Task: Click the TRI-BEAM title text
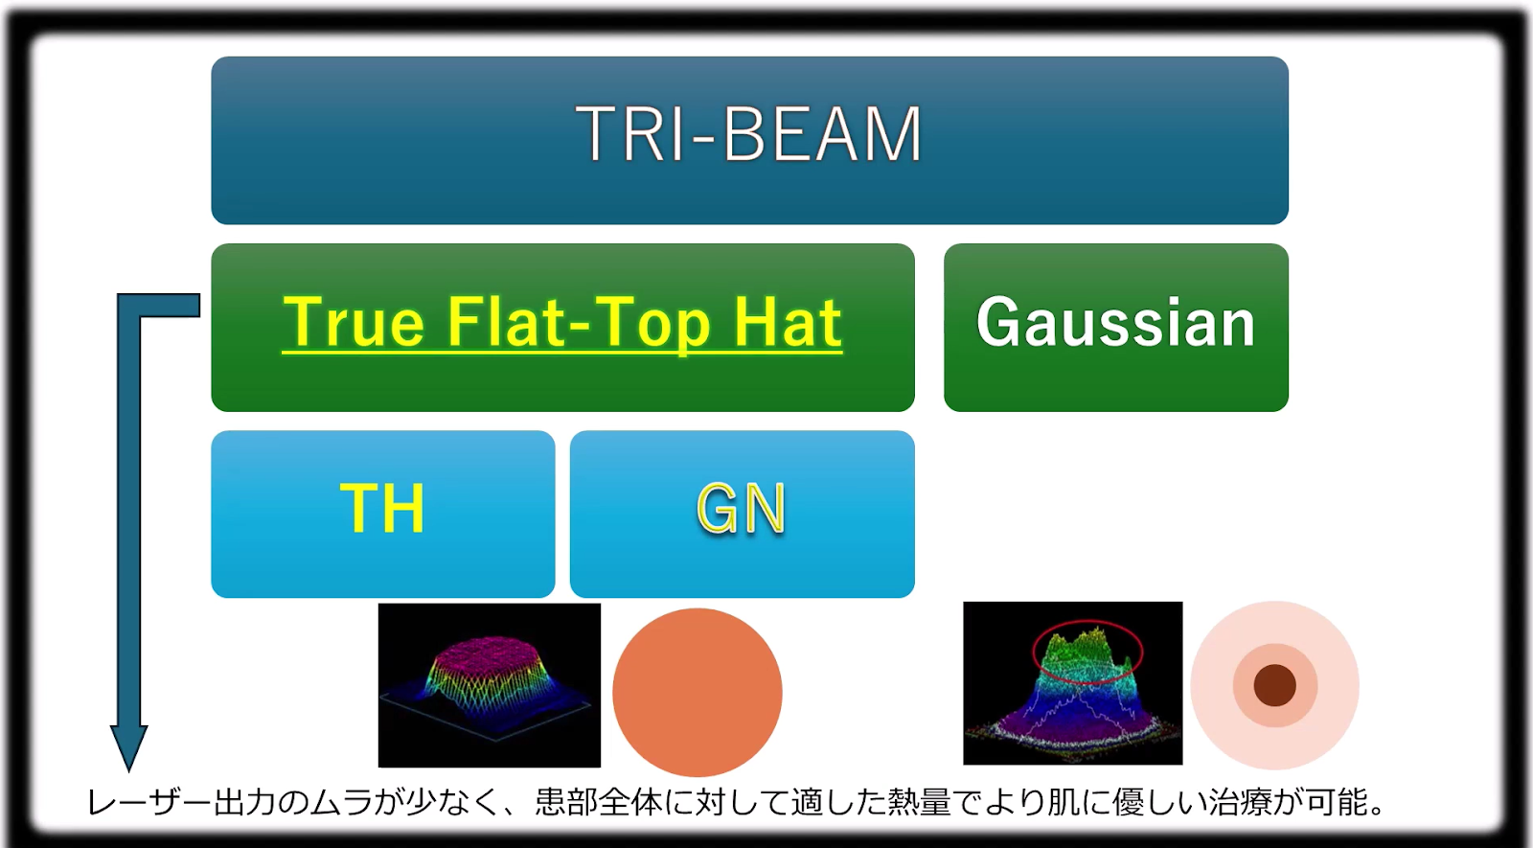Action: tap(749, 133)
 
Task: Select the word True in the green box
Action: tap(355, 322)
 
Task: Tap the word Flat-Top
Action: tap(579, 322)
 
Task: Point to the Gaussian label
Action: tap(1115, 322)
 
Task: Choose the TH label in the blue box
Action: tap(382, 508)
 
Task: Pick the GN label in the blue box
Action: tap(742, 508)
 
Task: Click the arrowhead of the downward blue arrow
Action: tap(128, 747)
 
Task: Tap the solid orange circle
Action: tap(698, 692)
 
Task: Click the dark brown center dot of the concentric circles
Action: tap(1275, 685)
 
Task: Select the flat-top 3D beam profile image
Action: tap(490, 685)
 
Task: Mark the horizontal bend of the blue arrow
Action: tap(159, 306)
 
